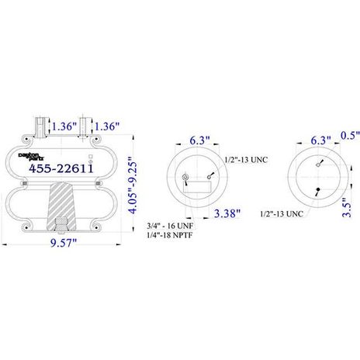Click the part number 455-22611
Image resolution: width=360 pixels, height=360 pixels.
(x=61, y=169)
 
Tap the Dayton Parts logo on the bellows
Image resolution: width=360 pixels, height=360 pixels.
(x=31, y=157)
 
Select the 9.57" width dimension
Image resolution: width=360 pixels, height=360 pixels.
(x=64, y=243)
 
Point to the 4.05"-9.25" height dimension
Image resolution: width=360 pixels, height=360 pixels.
(x=133, y=185)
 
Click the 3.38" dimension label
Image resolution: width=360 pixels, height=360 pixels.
(x=227, y=213)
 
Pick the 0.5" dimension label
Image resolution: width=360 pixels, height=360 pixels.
(x=350, y=136)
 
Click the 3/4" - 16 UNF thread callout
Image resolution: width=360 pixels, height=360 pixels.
(x=170, y=226)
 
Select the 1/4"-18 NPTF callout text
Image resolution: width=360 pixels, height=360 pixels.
(x=170, y=235)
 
